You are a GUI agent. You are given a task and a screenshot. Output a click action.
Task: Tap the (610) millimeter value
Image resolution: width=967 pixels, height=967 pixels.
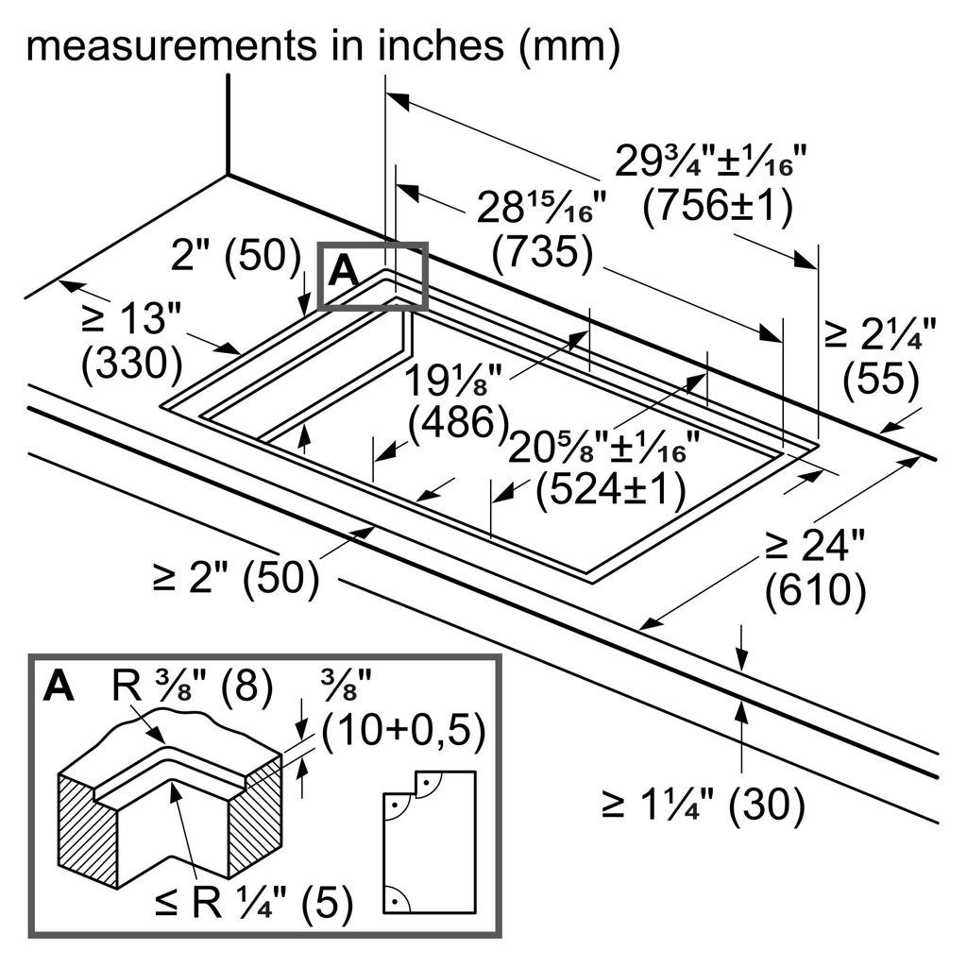coord(815,590)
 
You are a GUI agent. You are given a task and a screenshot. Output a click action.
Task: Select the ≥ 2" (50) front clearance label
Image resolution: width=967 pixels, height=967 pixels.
coord(234,578)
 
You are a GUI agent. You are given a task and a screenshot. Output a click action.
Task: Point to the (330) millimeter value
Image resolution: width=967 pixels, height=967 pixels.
coord(131,363)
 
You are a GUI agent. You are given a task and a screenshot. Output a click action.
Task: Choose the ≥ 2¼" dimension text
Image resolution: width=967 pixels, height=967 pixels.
coord(880,333)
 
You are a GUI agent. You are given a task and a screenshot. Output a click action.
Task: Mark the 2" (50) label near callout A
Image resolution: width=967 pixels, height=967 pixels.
coord(230,256)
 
